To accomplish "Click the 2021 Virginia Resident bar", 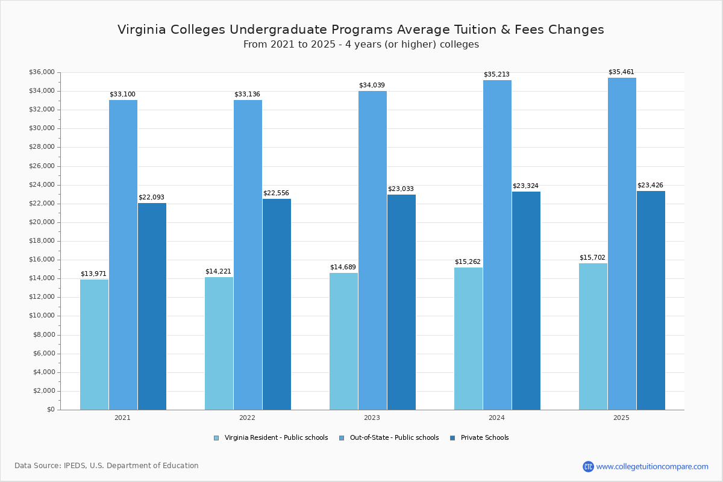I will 94,345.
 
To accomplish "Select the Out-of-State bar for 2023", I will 372,250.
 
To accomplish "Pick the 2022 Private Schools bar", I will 277,304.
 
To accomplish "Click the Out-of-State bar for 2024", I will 497,245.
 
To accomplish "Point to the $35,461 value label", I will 621,72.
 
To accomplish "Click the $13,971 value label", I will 93,274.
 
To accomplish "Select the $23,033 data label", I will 401,189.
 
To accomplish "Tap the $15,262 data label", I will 468,262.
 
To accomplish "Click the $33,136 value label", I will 247,95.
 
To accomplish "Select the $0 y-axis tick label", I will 50,410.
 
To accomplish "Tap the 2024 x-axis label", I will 496,418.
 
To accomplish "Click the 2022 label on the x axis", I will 247,418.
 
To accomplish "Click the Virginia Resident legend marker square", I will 216,438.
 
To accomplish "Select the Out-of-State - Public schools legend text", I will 394,438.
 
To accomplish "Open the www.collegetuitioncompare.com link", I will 652,466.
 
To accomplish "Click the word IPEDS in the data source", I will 75,466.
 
